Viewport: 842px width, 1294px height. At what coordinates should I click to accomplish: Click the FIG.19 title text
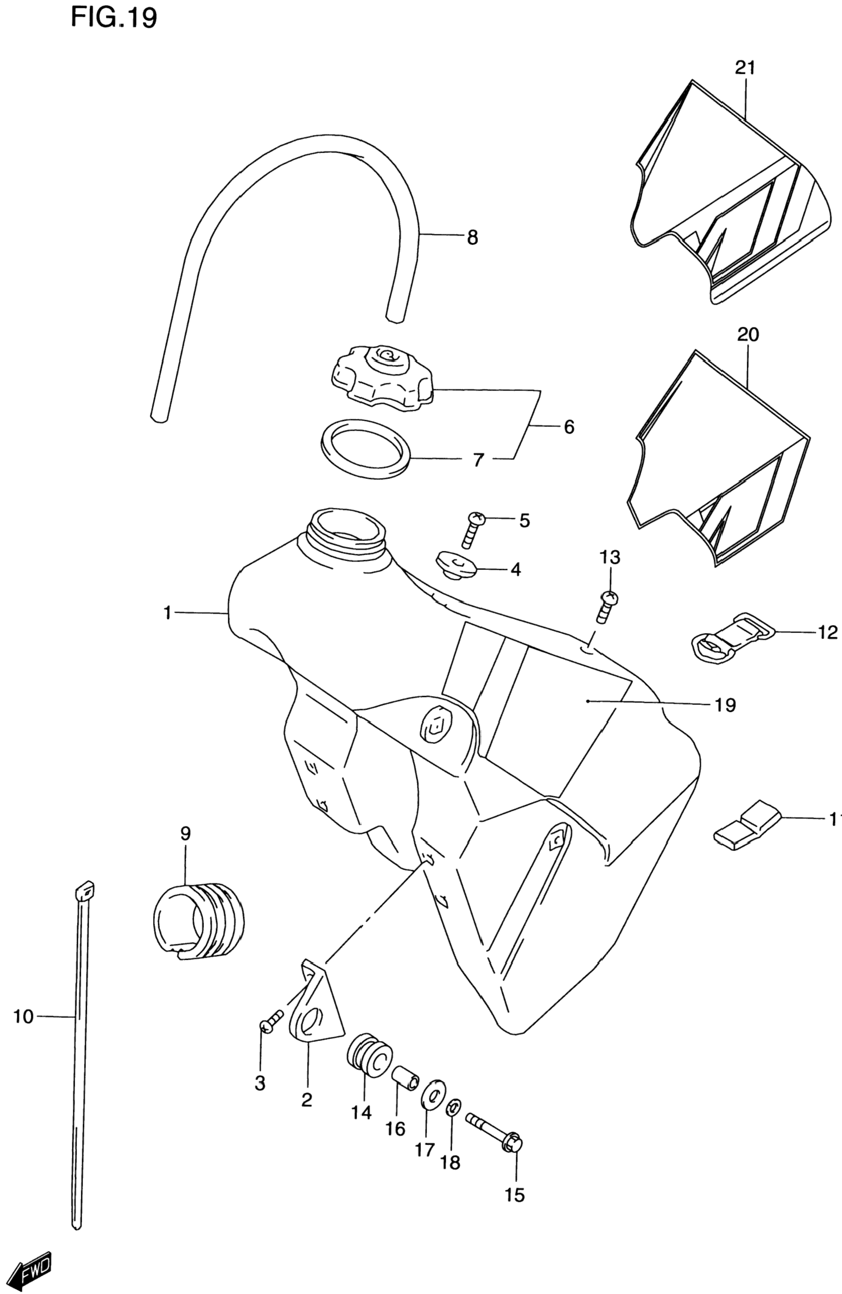point(113,17)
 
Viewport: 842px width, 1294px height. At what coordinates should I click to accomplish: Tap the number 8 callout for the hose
point(472,238)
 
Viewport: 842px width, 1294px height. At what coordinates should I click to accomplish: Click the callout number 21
point(745,68)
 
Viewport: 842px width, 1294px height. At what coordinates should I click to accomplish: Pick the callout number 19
point(726,705)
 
